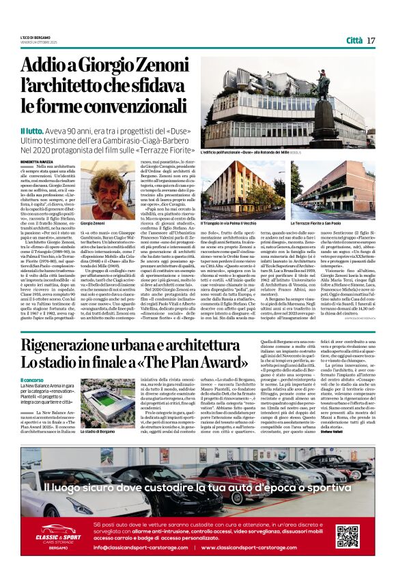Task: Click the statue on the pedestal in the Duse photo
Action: click(323, 86)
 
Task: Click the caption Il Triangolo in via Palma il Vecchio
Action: click(228, 223)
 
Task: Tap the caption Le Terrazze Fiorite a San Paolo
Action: click(317, 223)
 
